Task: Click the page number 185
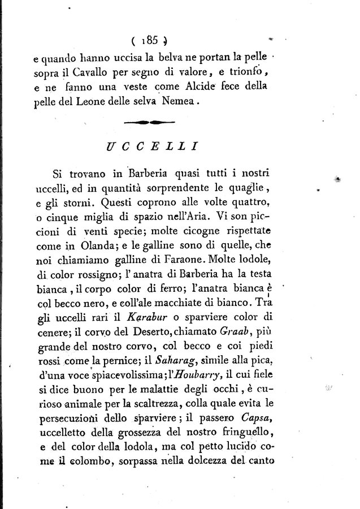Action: point(150,40)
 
